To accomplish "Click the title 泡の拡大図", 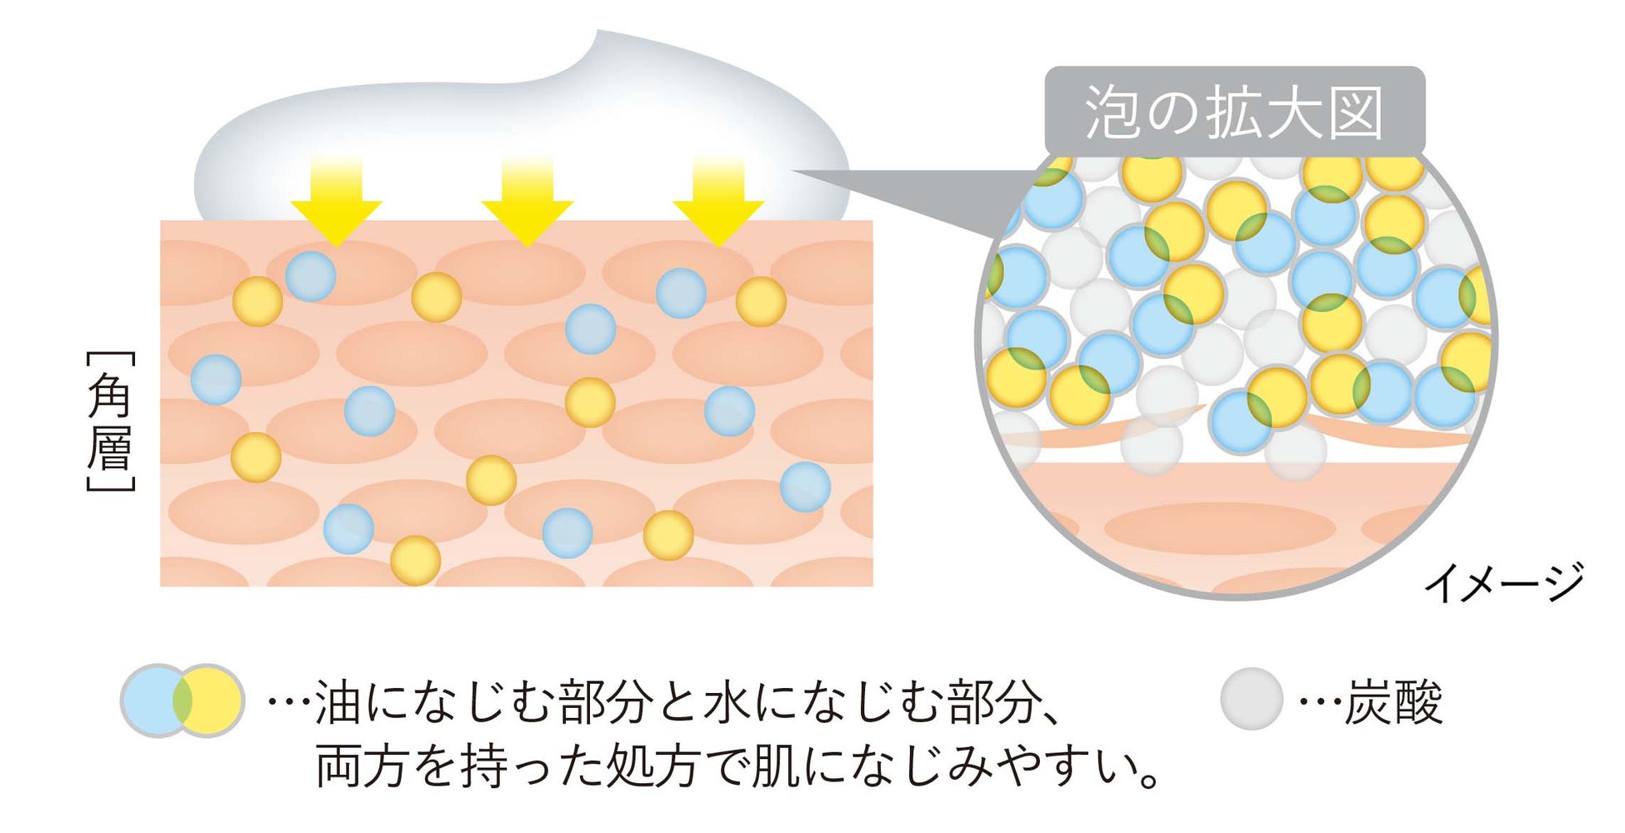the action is tap(1234, 112).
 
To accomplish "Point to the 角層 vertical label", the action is tap(110, 421).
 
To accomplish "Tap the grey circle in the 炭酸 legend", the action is tap(1251, 699).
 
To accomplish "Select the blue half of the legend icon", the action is tap(150, 701).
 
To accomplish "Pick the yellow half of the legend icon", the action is tap(215, 701).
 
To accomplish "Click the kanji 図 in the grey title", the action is tap(1357, 113).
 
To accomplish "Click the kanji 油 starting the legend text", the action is tap(338, 702).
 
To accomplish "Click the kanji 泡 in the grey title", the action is tap(1112, 113).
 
